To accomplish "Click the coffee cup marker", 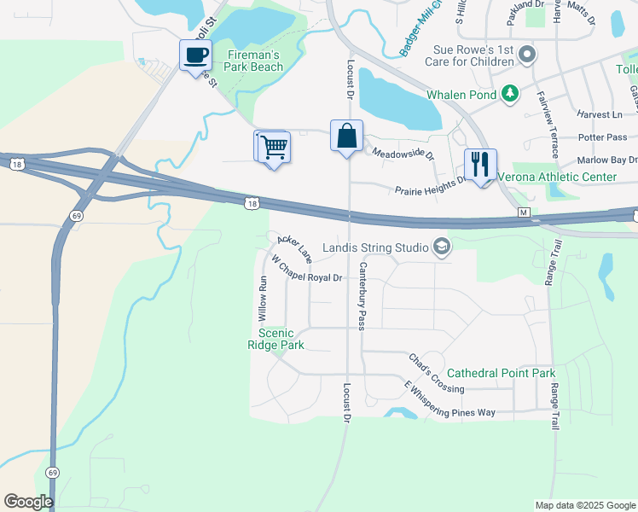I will click(195, 55).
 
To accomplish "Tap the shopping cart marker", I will click(275, 147).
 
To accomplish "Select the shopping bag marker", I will click(346, 137).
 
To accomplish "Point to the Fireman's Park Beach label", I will click(254, 61).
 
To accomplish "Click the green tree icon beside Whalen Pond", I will click(509, 92).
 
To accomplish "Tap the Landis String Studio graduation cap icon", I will click(442, 248).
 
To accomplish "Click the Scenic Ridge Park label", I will click(275, 339).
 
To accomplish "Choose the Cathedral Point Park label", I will click(501, 373).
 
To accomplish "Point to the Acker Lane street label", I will click(294, 249).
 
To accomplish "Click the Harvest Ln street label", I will click(599, 114).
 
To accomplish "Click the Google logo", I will click(28, 502).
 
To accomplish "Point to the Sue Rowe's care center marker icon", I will click(527, 55).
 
